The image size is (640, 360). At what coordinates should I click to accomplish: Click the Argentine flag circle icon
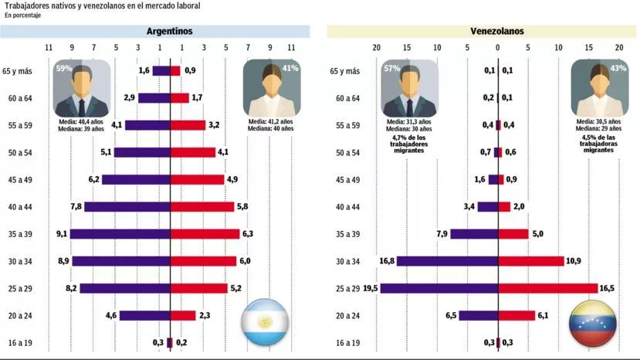click(x=265, y=322)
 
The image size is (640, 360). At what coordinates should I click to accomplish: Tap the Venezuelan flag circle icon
click(x=592, y=323)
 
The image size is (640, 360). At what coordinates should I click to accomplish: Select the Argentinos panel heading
click(x=170, y=32)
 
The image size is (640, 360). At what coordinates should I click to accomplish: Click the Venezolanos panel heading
click(x=497, y=32)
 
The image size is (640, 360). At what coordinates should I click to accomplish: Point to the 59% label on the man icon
click(x=63, y=68)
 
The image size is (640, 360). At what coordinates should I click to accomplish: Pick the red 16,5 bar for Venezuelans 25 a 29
click(x=548, y=288)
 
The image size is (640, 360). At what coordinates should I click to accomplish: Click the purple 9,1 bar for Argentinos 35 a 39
click(x=120, y=234)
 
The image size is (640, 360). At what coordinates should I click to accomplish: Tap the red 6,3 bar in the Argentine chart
click(x=205, y=234)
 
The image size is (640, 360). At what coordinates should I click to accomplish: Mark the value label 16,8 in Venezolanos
click(x=387, y=261)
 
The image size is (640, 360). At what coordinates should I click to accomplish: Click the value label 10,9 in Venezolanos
click(x=574, y=261)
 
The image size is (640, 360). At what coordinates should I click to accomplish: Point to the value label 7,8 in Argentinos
click(x=76, y=207)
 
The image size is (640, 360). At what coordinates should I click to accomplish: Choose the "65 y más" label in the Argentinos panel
click(x=18, y=71)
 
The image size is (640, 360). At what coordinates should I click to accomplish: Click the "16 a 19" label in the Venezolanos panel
click(x=347, y=342)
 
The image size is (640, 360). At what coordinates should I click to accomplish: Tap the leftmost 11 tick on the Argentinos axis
click(x=49, y=48)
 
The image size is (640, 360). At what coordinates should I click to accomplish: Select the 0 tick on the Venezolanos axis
click(x=498, y=48)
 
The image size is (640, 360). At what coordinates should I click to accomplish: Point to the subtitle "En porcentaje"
click(x=23, y=15)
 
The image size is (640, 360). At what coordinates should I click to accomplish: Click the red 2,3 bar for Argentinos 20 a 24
click(x=183, y=315)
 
